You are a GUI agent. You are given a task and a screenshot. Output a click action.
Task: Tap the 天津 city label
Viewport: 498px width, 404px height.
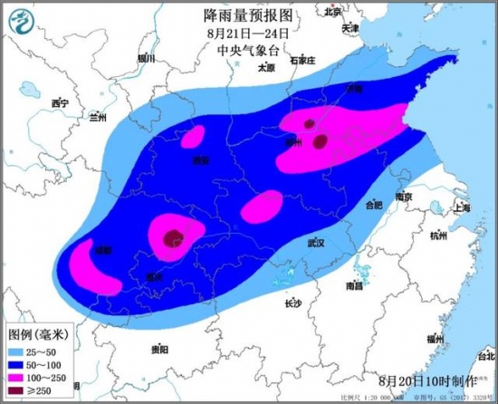coord(350,29)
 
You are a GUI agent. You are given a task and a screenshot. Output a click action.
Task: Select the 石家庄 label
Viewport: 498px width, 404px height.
coord(302,60)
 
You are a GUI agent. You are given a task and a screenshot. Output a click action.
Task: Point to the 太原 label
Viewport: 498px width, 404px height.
coord(265,67)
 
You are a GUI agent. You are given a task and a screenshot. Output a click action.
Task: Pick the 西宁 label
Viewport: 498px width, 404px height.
coord(61,103)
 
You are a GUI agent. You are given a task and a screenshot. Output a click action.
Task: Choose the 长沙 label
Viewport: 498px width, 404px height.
coord(292,303)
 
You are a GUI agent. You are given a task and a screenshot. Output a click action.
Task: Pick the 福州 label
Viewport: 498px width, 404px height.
coord(436,339)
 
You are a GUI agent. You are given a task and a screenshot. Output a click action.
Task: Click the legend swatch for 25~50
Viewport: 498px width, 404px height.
coord(18,349)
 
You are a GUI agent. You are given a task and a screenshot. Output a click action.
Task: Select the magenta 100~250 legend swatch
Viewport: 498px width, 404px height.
coord(18,377)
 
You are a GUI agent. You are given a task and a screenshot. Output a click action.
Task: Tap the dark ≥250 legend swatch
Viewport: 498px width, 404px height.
coord(18,391)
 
